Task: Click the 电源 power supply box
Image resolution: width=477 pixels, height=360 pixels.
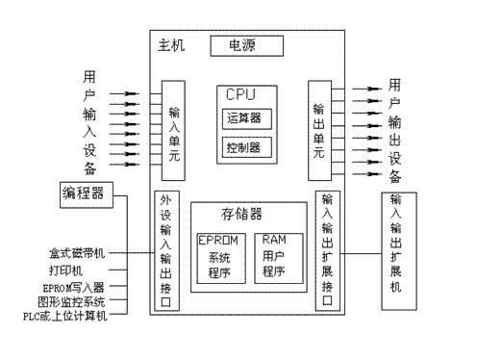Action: coord(241,45)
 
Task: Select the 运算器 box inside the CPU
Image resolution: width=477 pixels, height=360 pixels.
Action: coord(243,118)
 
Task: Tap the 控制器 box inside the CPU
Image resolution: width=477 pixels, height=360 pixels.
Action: coord(243,148)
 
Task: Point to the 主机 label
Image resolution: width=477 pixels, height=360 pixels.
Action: coord(170,46)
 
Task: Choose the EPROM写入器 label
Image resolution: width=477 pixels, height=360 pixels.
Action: coord(73,287)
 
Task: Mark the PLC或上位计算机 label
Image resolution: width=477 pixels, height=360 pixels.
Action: coord(66,315)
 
